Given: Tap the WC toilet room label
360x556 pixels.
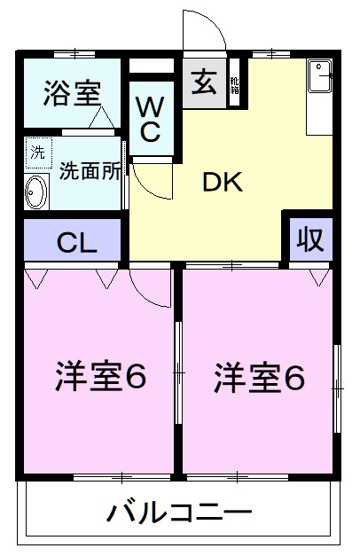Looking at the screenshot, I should [149, 120].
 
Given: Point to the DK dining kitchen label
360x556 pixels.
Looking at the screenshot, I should [222, 182].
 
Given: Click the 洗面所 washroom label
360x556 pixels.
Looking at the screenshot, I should [89, 170].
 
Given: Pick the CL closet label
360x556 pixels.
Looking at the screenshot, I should [78, 241].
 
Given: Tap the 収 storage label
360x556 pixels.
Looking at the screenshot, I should [308, 239].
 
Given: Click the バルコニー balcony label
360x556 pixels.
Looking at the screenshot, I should [180, 512].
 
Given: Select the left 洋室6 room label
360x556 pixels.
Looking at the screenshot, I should [99, 378].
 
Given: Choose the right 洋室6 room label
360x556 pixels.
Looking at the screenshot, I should [259, 378].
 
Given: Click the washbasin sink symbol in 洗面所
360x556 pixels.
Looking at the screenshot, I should [36, 190].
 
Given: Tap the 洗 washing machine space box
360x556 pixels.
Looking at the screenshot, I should [37, 151].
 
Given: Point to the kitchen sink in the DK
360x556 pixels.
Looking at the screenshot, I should [320, 76].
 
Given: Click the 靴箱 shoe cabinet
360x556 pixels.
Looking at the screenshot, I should [235, 85].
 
